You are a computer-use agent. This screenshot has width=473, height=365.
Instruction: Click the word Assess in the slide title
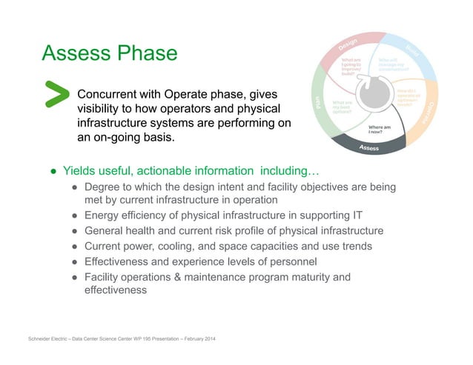tap(76, 53)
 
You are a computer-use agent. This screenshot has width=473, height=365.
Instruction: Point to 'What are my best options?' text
tap(343, 108)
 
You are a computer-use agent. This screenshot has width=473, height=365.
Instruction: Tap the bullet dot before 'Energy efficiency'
tap(75, 216)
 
